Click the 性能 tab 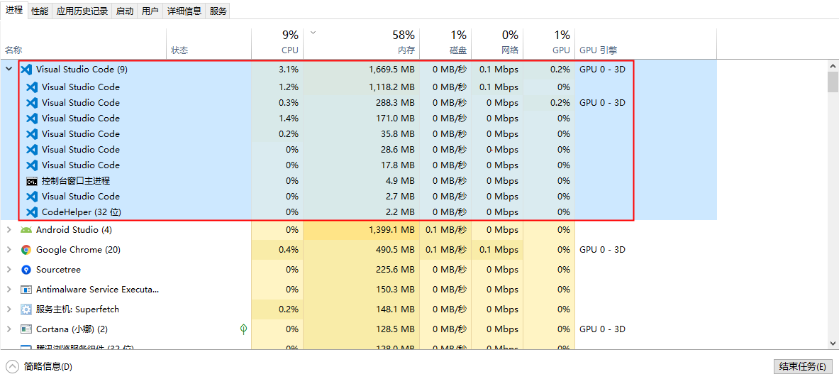tap(40, 11)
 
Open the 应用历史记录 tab tap(82, 11)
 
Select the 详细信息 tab tap(184, 11)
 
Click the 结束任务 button tap(801, 366)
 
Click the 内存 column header tap(406, 50)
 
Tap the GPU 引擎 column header tap(599, 50)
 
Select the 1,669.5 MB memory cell tap(391, 70)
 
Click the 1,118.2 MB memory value tap(391, 87)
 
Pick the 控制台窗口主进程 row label tap(76, 181)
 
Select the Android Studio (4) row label tap(74, 230)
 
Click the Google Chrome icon tap(26, 250)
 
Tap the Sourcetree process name tap(58, 270)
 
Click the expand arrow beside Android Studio tap(9, 230)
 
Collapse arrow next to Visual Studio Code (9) tap(9, 70)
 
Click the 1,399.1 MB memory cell tap(391, 230)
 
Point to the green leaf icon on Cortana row tap(243, 329)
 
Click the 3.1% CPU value tap(289, 70)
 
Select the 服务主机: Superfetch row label tap(77, 309)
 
